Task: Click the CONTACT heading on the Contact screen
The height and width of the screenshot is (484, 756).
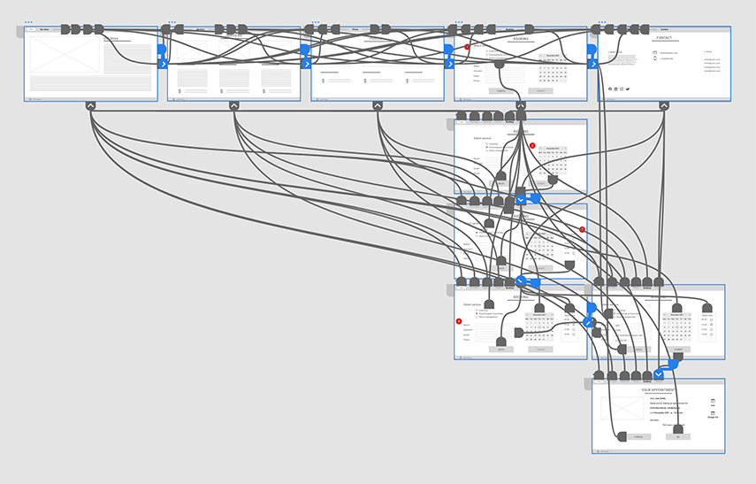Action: pyautogui.click(x=664, y=38)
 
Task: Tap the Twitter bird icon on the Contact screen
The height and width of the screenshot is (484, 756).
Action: pyautogui.click(x=628, y=89)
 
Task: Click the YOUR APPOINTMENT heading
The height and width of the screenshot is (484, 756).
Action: pyautogui.click(x=658, y=389)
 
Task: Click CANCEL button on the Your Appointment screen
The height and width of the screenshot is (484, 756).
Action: pyautogui.click(x=638, y=436)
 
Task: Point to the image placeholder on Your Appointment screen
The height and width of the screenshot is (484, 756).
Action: pyautogui.click(x=622, y=408)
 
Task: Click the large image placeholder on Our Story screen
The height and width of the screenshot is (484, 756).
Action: pyautogui.click(x=65, y=53)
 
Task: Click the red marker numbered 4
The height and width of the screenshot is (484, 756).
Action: pyautogui.click(x=459, y=320)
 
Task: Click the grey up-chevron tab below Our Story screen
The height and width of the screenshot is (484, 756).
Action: pyautogui.click(x=90, y=106)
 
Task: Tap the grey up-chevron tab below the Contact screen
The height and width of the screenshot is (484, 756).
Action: pyautogui.click(x=664, y=106)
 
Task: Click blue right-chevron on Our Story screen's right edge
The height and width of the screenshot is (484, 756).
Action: pyautogui.click(x=163, y=64)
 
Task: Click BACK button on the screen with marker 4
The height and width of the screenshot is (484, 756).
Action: pyautogui.click(x=500, y=350)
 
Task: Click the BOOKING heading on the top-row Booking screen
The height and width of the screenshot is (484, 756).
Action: pyautogui.click(x=520, y=38)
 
